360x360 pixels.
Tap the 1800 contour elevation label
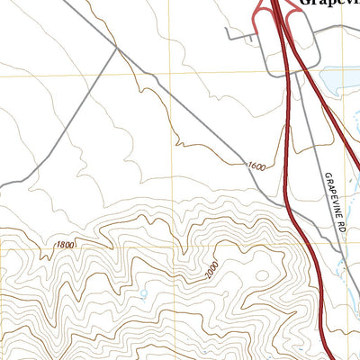(66, 245)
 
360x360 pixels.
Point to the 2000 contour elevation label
(210, 270)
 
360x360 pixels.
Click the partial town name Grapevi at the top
(328, 4)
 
